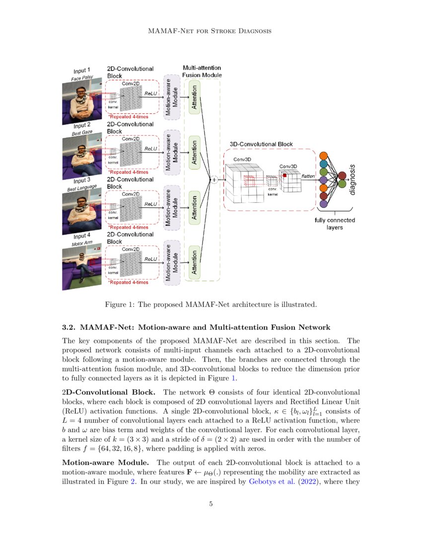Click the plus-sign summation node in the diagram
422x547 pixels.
214,180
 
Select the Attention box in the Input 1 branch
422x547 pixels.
195,97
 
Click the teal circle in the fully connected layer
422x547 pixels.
324,163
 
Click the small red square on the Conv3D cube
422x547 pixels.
284,176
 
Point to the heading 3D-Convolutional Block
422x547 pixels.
261,144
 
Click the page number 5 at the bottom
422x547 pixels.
211,504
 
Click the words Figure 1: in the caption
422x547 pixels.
119,304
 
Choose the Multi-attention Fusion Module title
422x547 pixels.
202,71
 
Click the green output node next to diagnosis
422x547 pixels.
342,184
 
